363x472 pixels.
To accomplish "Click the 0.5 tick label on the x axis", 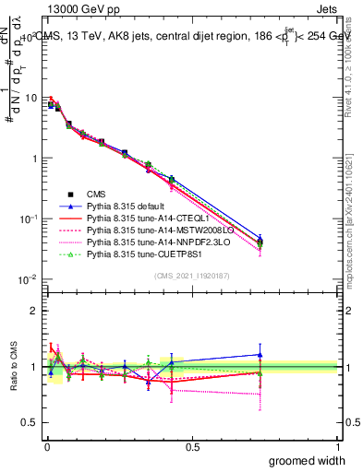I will (192, 446).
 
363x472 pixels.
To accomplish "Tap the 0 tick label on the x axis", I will (46, 446).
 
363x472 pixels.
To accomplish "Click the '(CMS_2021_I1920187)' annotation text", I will (191, 275).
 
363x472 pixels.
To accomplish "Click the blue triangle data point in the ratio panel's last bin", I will (260, 354).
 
